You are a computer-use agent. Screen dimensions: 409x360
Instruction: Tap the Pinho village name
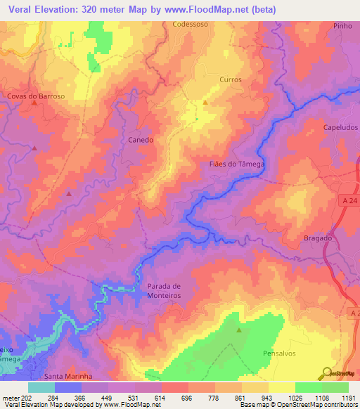[x=342, y=25]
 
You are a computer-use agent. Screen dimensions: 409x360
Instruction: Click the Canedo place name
[x=141, y=140]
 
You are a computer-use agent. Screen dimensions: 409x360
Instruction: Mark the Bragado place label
[x=318, y=238]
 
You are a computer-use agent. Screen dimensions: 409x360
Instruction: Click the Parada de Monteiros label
[x=165, y=292]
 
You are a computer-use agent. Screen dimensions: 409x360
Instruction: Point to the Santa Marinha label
[x=69, y=377]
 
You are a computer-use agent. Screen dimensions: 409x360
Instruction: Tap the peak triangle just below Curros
[x=205, y=102]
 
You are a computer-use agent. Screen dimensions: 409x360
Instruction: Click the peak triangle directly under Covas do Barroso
[x=34, y=103]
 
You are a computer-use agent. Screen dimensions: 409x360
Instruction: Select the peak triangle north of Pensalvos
[x=239, y=330]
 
